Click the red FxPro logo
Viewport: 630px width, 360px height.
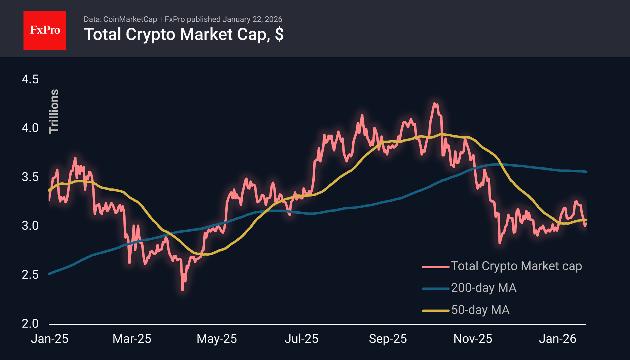pyautogui.click(x=45, y=30)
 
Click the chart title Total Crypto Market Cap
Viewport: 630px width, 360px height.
pyautogui.click(x=183, y=34)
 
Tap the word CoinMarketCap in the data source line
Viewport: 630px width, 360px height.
pyautogui.click(x=130, y=19)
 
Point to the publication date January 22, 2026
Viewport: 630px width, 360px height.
pyautogui.click(x=252, y=19)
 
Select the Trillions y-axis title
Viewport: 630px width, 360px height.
pyautogui.click(x=54, y=111)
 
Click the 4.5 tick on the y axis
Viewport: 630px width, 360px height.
pyautogui.click(x=30, y=79)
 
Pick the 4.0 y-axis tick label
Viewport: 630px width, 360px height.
pyautogui.click(x=30, y=128)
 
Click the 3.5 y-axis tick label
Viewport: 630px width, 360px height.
pyautogui.click(x=30, y=177)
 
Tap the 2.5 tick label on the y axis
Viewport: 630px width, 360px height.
pyautogui.click(x=30, y=275)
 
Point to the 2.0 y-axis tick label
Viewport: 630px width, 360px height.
pyautogui.click(x=30, y=324)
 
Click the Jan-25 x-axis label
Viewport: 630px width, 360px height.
pyautogui.click(x=50, y=339)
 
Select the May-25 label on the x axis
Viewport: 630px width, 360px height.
pyautogui.click(x=217, y=339)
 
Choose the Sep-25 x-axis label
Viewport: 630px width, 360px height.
pyautogui.click(x=388, y=339)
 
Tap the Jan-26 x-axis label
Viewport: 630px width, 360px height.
pyautogui.click(x=557, y=339)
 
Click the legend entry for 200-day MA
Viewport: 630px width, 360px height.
pyautogui.click(x=484, y=288)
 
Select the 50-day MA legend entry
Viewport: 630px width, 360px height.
pyautogui.click(x=480, y=310)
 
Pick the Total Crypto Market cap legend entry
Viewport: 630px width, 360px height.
pyautogui.click(x=516, y=266)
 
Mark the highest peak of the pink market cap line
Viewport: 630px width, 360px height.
pyautogui.click(x=435, y=104)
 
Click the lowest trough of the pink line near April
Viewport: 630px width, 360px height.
pyautogui.click(x=182, y=290)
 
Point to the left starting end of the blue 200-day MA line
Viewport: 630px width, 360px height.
pyautogui.click(x=49, y=274)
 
